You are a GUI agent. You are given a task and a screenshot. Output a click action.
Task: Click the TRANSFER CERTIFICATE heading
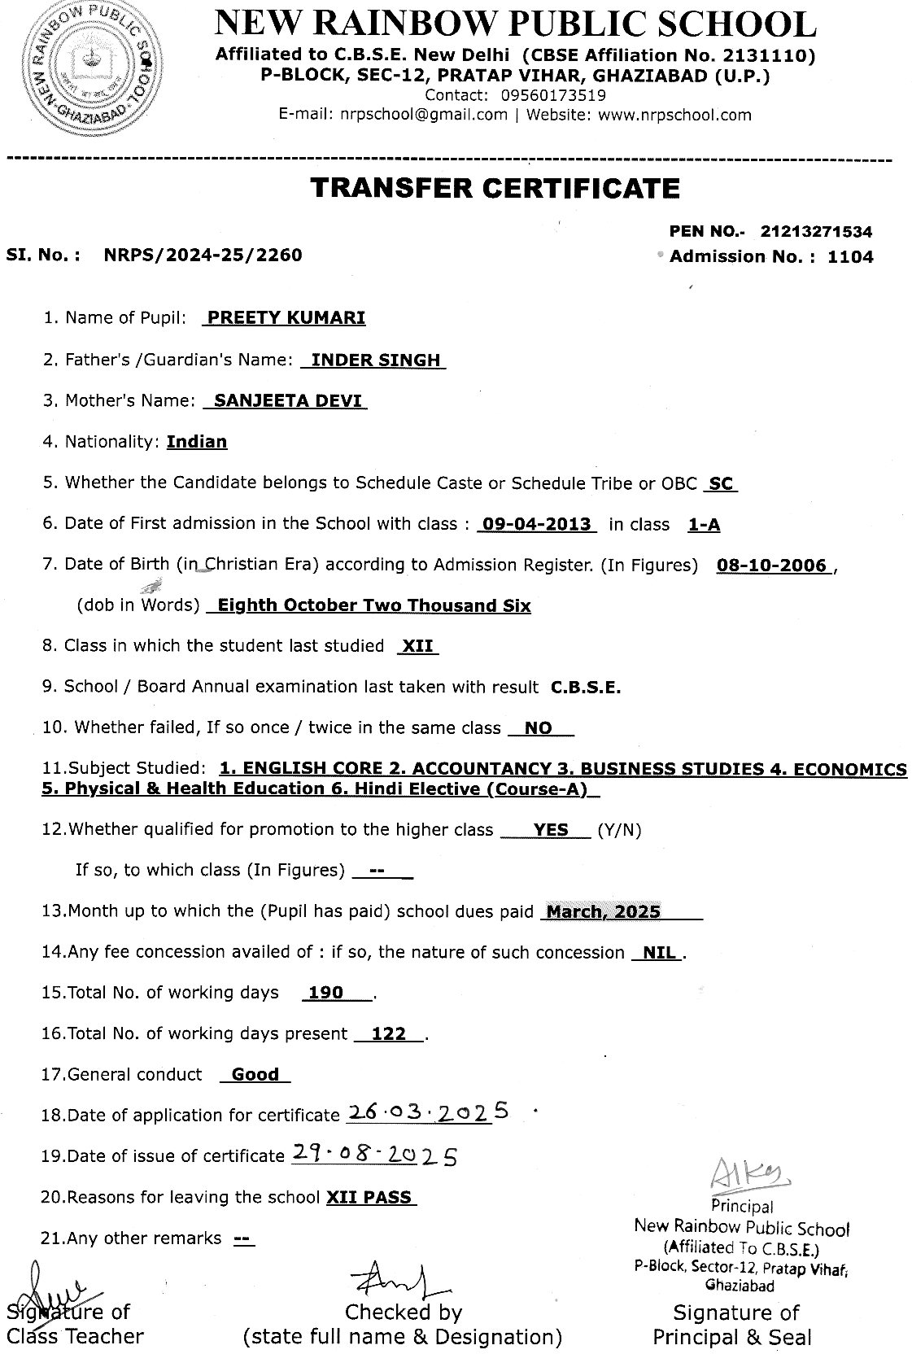click(x=495, y=188)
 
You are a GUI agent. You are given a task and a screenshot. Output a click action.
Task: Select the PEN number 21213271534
click(x=816, y=232)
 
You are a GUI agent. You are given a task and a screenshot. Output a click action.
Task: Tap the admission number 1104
click(x=850, y=257)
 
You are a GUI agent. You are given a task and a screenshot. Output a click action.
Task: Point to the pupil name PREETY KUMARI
click(x=286, y=317)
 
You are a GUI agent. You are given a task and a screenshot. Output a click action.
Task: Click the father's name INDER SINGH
click(x=376, y=360)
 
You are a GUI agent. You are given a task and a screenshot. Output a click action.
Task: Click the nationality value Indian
click(x=197, y=442)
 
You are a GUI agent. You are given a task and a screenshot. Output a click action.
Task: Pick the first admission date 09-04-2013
click(x=537, y=524)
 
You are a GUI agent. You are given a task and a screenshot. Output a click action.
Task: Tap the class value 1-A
click(x=704, y=525)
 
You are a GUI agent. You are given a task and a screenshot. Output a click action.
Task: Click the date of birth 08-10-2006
click(x=771, y=566)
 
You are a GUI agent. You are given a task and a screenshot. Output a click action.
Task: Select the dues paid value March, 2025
click(x=603, y=911)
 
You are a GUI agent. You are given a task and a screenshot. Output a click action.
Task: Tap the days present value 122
click(x=388, y=1033)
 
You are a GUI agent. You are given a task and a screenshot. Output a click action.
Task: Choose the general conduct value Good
click(x=255, y=1074)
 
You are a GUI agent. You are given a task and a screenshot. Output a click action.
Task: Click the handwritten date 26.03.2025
click(x=428, y=1112)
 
